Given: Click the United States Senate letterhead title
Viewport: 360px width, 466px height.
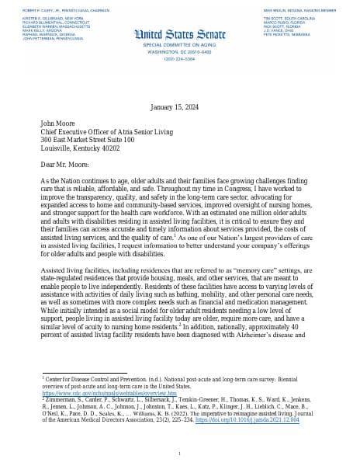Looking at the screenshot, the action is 180,33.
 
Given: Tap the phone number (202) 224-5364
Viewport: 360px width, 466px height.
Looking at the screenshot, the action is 180,57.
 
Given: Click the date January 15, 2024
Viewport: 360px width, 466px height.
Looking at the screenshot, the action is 180,106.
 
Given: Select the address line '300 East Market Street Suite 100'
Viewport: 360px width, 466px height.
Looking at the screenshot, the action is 88,140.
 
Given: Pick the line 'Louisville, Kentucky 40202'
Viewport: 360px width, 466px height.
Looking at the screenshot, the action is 81,148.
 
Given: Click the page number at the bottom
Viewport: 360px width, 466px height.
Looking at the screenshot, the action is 180,453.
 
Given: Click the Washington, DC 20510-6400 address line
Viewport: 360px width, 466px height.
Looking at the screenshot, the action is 180,51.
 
